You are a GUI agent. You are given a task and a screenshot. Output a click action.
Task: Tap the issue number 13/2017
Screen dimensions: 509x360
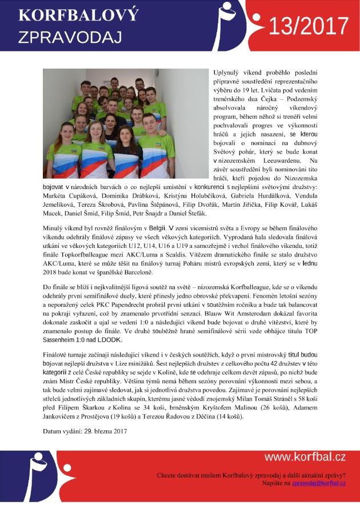309,26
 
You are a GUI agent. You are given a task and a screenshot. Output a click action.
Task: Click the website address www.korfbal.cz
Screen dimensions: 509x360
305,457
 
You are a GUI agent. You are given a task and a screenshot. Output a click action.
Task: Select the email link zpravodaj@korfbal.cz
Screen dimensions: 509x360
319,483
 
